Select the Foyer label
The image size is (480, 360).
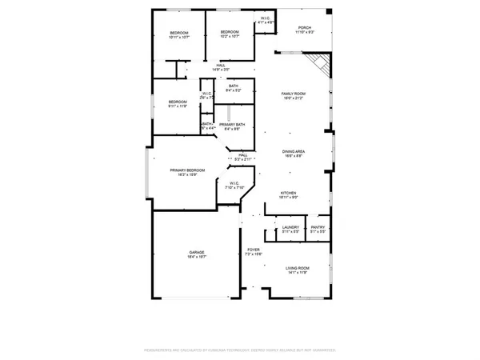point(254,251)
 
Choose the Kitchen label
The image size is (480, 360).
point(288,194)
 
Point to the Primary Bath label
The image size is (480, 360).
point(232,126)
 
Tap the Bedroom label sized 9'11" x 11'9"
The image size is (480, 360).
point(177,103)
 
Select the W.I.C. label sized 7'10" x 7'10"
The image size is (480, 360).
point(234,186)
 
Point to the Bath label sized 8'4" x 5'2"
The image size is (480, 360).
point(233,88)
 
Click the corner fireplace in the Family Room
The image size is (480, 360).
point(320,66)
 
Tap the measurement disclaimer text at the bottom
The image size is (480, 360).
point(240,350)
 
